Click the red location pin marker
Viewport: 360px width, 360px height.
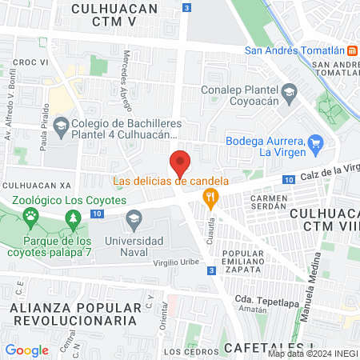point(181,162)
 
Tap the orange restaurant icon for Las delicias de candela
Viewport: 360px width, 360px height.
point(210,196)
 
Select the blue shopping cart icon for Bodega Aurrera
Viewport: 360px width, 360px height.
point(316,144)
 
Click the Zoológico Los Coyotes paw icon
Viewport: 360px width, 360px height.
point(30,215)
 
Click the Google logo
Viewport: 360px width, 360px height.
point(26,350)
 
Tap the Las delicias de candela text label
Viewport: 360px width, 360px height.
point(170,181)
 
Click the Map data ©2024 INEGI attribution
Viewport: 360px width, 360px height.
point(313,354)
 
